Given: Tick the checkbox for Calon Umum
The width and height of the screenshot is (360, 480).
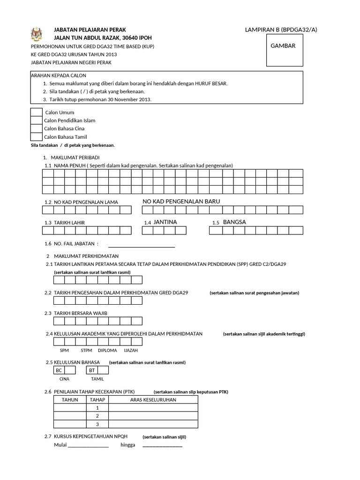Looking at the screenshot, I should tap(36, 112).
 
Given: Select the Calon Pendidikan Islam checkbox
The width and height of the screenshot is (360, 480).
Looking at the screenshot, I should tap(36, 120).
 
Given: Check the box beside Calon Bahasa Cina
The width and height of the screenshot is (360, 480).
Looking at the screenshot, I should tap(36, 128).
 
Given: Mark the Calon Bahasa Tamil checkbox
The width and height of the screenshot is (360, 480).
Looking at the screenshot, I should tap(36, 136).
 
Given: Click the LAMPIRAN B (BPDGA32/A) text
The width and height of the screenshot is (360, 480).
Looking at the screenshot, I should tap(281, 30).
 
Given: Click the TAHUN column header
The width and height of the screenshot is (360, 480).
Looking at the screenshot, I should tap(70, 399).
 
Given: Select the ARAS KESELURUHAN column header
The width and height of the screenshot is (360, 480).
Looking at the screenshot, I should tap(153, 399).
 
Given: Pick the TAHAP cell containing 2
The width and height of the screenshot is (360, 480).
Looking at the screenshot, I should tap(97, 416).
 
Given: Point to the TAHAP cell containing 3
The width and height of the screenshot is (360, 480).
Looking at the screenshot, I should tap(97, 424).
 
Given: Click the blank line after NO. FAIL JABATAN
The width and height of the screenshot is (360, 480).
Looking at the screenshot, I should tap(142, 245).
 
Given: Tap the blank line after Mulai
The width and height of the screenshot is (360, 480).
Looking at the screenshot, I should tap(88, 446).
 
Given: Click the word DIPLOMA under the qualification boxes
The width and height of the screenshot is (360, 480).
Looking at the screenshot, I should tap(107, 350).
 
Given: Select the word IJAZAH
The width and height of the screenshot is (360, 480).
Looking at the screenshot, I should tap(131, 350).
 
